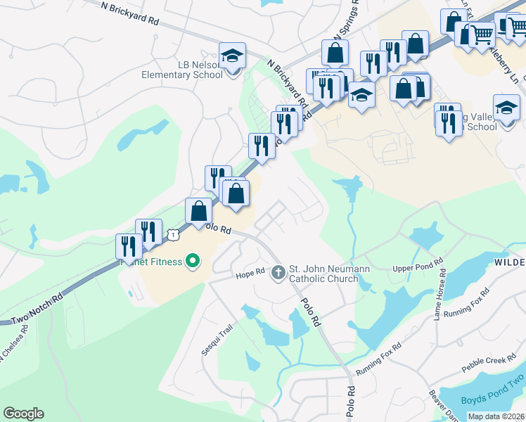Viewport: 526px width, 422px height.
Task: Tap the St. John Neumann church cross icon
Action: tap(278, 271)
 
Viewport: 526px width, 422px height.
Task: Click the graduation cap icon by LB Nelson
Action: tap(231, 56)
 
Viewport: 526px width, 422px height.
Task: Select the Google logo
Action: tap(23, 414)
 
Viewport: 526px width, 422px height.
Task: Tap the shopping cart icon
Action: tap(482, 33)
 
